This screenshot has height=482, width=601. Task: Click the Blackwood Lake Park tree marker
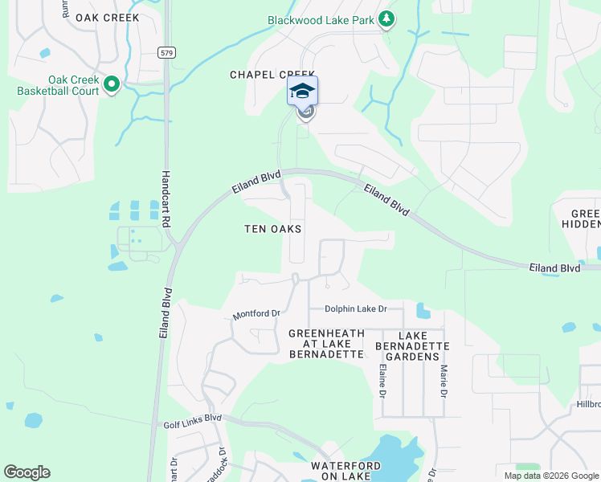click(x=386, y=19)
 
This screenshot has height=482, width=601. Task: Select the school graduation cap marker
click(x=302, y=91)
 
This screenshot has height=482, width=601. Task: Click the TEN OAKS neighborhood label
click(x=273, y=229)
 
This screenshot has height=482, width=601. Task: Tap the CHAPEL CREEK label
click(x=272, y=74)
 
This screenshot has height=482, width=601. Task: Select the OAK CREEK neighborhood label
click(x=107, y=17)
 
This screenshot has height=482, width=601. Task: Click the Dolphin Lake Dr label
click(x=356, y=308)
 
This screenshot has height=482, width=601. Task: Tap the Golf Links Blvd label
click(x=192, y=418)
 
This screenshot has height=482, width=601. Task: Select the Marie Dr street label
click(x=443, y=381)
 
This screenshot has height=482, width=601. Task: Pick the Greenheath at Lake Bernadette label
click(x=326, y=343)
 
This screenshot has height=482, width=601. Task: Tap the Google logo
click(x=27, y=472)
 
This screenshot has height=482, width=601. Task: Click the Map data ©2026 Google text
click(x=550, y=476)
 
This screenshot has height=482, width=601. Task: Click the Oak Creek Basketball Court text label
click(x=58, y=85)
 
